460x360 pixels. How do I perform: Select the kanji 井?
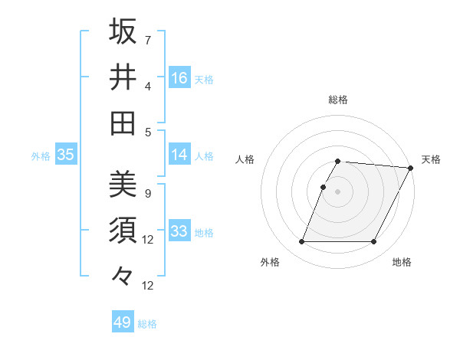(x=123, y=77)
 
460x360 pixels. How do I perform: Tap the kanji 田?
(x=123, y=123)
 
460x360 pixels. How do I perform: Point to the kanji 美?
(x=123, y=185)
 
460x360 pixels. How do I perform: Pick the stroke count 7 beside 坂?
(x=148, y=40)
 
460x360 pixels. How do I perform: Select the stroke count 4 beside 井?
(x=148, y=86)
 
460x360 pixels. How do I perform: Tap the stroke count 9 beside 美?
(x=148, y=193)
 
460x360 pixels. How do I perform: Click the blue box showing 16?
(x=179, y=77)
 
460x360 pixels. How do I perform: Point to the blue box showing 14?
(x=179, y=155)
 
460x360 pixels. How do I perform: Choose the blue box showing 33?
(x=179, y=231)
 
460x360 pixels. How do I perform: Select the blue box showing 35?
(x=66, y=155)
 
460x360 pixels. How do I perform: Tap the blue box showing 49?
(x=123, y=322)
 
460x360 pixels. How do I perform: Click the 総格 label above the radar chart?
(x=338, y=100)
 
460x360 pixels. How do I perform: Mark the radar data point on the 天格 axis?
(x=412, y=169)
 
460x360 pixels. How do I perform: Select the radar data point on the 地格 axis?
(x=374, y=242)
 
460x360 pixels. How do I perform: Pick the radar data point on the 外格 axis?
(x=301, y=242)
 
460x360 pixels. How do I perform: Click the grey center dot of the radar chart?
(x=338, y=192)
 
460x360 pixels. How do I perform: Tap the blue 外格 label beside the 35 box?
(x=41, y=156)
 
